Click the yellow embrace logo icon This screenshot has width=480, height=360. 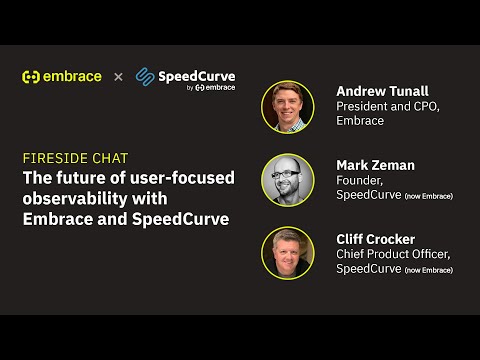[31, 77]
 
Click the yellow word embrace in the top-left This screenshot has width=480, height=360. [71, 76]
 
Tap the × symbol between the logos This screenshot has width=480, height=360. [118, 77]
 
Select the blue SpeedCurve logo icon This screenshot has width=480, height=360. [146, 77]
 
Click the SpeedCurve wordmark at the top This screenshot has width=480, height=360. [197, 74]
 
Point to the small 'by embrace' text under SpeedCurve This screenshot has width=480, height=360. [211, 88]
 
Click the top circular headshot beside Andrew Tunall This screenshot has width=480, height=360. [288, 106]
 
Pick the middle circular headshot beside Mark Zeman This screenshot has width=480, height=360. [288, 180]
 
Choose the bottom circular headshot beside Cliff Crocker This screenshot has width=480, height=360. [288, 253]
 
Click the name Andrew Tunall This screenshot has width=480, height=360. [383, 91]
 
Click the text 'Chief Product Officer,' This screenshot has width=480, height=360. [393, 255]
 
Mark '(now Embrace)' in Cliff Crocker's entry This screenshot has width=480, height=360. [428, 270]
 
